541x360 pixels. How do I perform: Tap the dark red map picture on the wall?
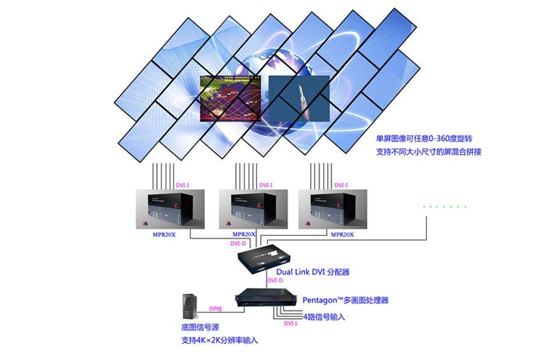(231, 98)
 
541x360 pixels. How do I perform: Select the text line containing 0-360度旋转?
(425, 138)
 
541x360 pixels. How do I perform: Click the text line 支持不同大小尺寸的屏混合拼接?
(428, 153)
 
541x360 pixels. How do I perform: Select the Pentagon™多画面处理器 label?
(346, 300)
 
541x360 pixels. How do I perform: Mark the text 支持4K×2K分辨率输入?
(220, 341)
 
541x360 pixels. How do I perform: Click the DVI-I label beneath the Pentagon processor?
(291, 324)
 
